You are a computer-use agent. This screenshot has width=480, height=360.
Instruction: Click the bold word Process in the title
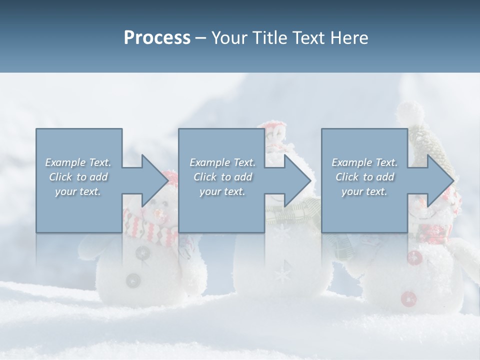tap(157, 38)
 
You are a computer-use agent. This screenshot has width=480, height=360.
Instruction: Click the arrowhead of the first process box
tap(155, 180)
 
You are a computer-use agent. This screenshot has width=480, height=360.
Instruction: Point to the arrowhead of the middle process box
tap(297, 180)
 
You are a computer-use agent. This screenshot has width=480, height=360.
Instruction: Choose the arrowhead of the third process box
tap(440, 180)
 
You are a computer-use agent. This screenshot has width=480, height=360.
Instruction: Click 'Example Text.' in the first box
tap(78, 162)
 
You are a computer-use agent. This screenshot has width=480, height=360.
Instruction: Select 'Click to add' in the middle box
tap(222, 177)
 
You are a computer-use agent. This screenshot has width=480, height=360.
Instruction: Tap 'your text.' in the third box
tap(364, 191)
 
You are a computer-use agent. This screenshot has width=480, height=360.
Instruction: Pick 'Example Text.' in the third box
tap(364, 162)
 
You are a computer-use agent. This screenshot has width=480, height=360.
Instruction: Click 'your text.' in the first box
tap(78, 191)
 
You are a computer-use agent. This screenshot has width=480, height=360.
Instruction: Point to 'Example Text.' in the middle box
tap(222, 162)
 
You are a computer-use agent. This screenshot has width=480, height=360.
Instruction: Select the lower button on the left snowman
tap(133, 280)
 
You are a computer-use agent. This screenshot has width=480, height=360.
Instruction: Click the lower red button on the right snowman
tap(408, 298)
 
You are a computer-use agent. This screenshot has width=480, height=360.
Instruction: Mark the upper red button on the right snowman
tap(414, 258)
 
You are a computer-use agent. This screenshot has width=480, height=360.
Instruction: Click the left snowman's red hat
tap(170, 177)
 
